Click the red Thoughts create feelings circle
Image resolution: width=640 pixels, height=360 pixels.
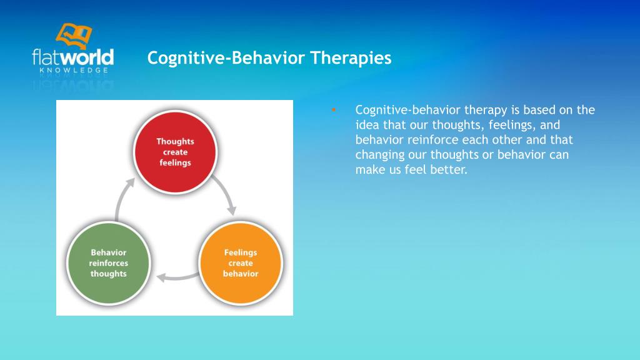[x=175, y=152]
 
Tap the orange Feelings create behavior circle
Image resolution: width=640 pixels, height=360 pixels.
[x=241, y=263]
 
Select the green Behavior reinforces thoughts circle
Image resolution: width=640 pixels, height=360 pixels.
[x=109, y=263]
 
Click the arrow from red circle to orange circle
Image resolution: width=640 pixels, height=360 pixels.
[x=226, y=193]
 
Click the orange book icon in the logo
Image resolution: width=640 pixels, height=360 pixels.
[x=74, y=36]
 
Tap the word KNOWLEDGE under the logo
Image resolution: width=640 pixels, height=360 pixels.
[x=74, y=70]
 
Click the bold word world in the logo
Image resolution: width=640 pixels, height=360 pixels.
[x=87, y=57]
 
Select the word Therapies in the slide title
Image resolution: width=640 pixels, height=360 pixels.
[x=351, y=58]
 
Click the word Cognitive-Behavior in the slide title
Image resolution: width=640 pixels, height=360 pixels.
[x=226, y=58]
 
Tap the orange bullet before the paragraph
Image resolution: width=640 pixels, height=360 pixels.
[x=334, y=109]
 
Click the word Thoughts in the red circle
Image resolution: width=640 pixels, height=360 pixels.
[x=175, y=141]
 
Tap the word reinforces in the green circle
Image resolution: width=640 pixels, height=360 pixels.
[x=109, y=263]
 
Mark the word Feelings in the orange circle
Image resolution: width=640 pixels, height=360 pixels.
[x=241, y=252]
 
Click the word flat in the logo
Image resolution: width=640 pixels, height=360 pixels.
[x=46, y=57]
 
